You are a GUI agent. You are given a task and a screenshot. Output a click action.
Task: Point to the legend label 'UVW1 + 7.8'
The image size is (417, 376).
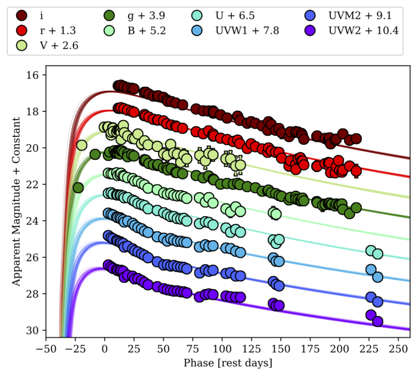(x=248, y=31)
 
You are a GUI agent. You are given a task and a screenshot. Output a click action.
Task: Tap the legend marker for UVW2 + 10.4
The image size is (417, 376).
(x=314, y=31)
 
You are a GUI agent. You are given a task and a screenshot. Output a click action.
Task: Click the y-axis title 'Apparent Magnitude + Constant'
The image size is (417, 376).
(x=16, y=201)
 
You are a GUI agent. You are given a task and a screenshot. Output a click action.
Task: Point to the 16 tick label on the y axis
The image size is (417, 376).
(x=32, y=75)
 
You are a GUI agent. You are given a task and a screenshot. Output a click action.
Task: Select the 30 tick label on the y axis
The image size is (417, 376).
(x=32, y=331)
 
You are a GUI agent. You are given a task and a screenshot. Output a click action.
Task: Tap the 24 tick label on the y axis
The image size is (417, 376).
(x=32, y=221)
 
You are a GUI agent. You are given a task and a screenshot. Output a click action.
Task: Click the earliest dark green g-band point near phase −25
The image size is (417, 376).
(x=78, y=187)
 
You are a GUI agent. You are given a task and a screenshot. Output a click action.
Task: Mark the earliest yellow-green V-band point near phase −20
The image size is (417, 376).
(x=82, y=145)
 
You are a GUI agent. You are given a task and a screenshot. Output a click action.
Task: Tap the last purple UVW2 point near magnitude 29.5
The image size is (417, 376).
(x=378, y=321)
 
